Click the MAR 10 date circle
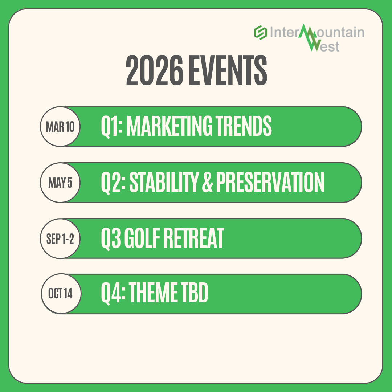pyautogui.click(x=60, y=127)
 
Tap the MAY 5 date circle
pyautogui.click(x=60, y=183)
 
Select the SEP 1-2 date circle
pyautogui.click(x=60, y=238)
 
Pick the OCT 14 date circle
pyautogui.click(x=60, y=294)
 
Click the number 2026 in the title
pyautogui.click(x=154, y=70)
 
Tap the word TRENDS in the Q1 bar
pyautogui.click(x=246, y=126)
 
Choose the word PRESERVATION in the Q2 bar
pyautogui.click(x=270, y=182)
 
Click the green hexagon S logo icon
pyautogui.click(x=260, y=33)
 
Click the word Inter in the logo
pyautogui.click(x=283, y=33)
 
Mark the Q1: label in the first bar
pyautogui.click(x=112, y=126)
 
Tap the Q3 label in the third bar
pyautogui.click(x=110, y=238)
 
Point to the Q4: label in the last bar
pyautogui.click(x=112, y=294)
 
